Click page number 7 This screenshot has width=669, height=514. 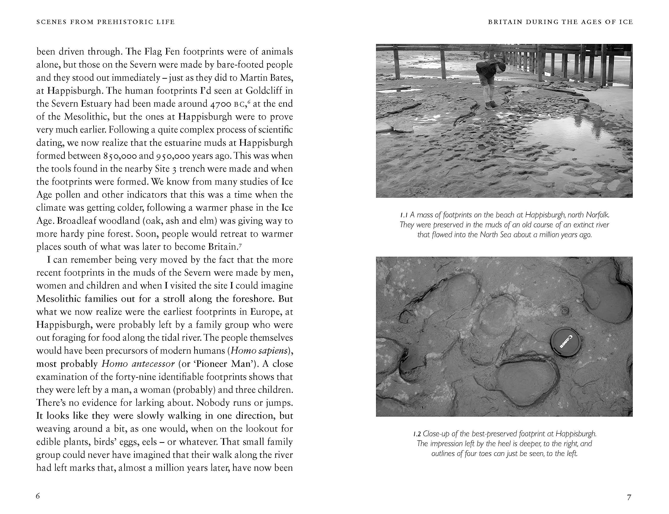pos(629,498)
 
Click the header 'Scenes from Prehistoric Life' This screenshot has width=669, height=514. pos(105,22)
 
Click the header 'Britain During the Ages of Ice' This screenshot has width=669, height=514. pos(560,22)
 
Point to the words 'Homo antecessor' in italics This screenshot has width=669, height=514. pos(138,364)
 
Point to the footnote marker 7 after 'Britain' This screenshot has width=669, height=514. pos(240,245)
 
